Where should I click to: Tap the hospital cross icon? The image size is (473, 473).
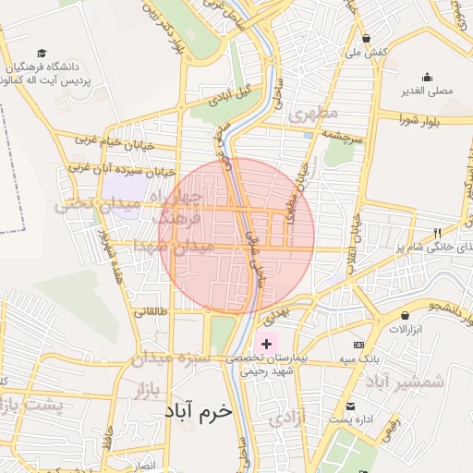click(x=267, y=344)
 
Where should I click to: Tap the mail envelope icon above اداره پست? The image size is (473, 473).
click(x=350, y=406)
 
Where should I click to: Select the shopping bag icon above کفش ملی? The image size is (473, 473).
click(x=367, y=39)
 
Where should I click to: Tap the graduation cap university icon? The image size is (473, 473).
click(x=42, y=55)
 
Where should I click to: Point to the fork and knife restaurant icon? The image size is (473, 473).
click(x=437, y=233)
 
